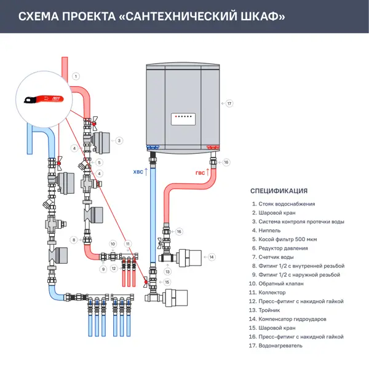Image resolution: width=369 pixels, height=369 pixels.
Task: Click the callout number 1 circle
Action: coord(76,76)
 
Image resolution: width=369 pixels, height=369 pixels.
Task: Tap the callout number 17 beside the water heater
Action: coord(229,103)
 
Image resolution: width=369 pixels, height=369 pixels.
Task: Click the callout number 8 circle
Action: coord(73,240)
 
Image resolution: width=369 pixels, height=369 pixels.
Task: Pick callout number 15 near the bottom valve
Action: coord(167,282)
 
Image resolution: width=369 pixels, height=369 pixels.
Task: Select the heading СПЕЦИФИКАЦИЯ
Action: coord(279,191)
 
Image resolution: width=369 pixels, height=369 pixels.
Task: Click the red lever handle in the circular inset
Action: coord(41,98)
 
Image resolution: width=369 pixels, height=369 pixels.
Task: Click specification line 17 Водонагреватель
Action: coord(280,346)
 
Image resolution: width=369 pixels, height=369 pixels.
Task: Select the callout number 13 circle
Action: coord(167,271)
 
